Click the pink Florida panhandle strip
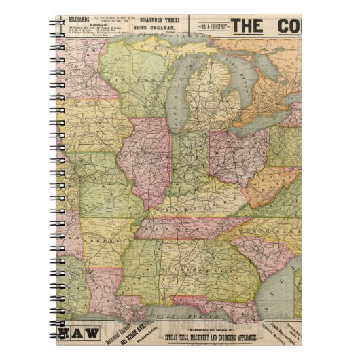pos(204,302)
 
